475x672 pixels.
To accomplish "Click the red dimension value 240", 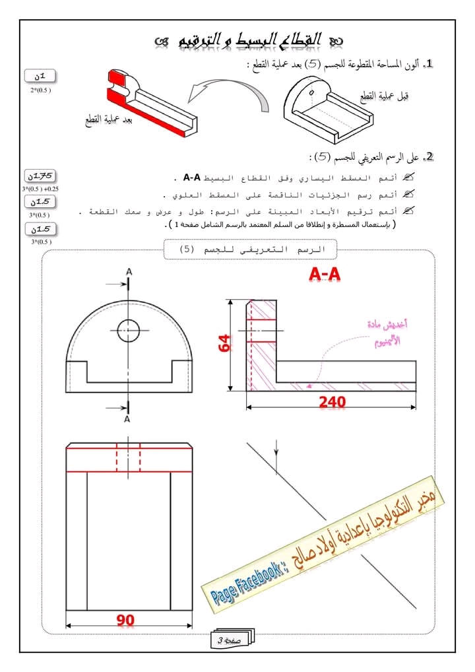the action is pos(332,401).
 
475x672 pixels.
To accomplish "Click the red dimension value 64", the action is pos(225,343).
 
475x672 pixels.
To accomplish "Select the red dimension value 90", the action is pos(125,620).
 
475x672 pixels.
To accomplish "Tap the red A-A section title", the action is pos(325,275).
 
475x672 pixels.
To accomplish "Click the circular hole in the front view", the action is pos(128,331).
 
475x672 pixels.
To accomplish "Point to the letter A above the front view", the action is pos(129,272).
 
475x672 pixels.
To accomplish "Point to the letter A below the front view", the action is pos(127,419).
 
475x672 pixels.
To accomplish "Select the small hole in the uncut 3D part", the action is pos(311,92).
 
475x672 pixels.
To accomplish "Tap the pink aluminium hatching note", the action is pos(388,333).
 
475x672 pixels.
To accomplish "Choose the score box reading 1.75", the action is pos(40,176).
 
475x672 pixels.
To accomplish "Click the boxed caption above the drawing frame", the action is pos(251,250).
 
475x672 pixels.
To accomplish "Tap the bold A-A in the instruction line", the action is pos(192,178).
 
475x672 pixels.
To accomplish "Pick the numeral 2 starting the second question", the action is pos(429,157).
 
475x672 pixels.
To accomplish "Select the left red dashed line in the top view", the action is pos(117,457).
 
